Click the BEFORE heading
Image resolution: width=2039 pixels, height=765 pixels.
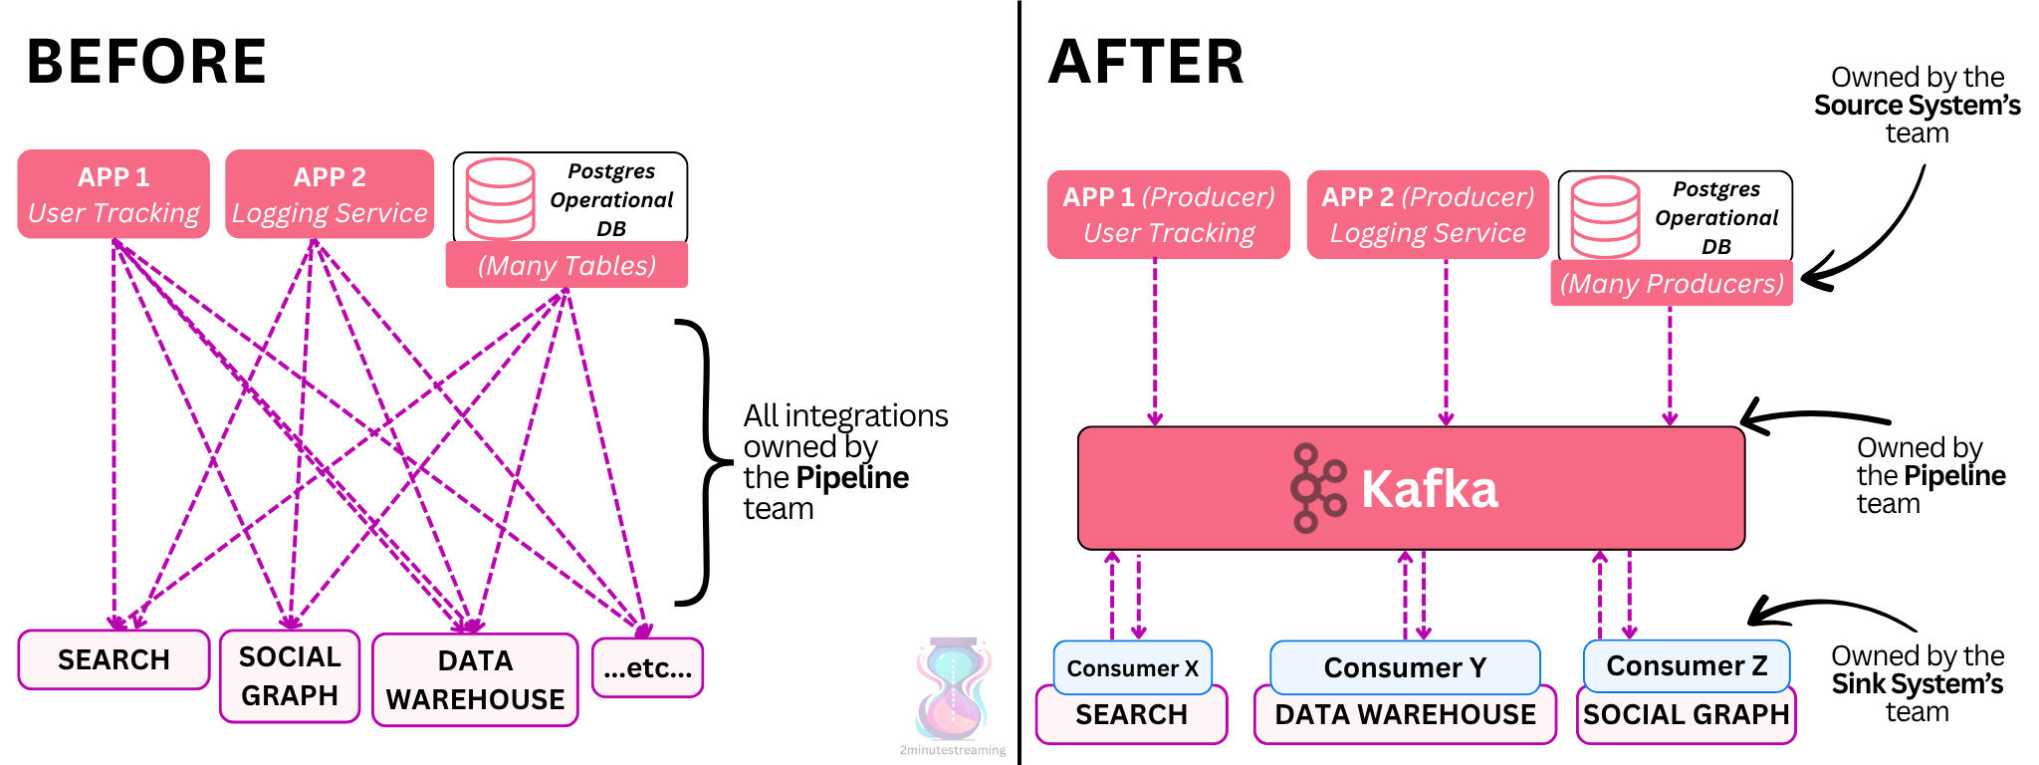point(146,62)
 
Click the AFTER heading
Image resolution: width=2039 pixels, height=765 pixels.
point(1146,62)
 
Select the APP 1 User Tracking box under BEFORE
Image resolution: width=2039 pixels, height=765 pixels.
point(113,194)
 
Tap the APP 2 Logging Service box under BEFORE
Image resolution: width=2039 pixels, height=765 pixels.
point(330,194)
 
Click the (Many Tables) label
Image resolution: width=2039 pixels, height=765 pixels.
point(566,266)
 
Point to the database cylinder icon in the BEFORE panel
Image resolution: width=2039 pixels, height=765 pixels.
point(500,198)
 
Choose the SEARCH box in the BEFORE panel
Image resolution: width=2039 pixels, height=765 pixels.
point(113,659)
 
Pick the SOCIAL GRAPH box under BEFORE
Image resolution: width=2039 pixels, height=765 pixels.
point(290,676)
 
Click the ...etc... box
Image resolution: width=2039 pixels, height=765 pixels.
point(647,668)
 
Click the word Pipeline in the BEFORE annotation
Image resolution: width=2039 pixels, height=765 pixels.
point(852,478)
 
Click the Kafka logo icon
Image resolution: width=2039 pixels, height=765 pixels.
point(1316,488)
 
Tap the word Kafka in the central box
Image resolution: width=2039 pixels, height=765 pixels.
point(1429,489)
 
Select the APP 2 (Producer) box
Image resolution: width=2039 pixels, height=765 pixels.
point(1428,214)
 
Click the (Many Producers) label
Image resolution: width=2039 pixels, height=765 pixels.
point(1672,284)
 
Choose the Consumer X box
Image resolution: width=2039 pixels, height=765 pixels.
point(1132,667)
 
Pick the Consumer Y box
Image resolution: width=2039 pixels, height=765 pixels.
point(1405,667)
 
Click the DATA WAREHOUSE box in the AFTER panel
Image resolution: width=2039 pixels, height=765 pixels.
point(1405,715)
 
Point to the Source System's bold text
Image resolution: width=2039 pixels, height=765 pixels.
point(1917,106)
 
